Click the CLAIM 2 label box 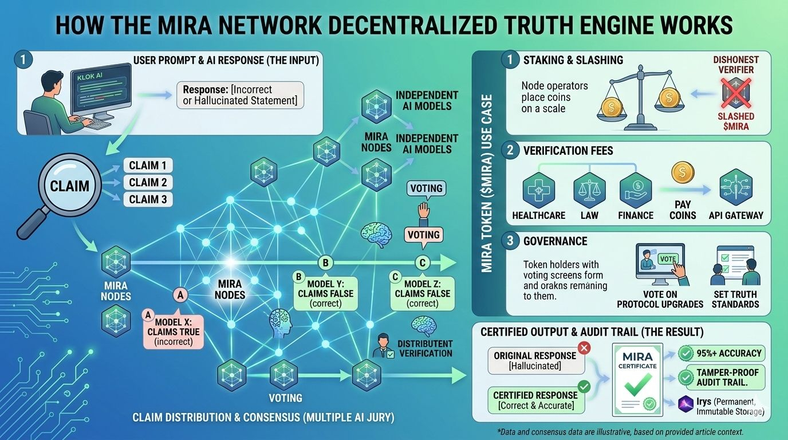click(x=148, y=182)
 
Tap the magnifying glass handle click(x=33, y=222)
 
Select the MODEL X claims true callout click(x=173, y=332)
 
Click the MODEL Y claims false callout click(x=325, y=293)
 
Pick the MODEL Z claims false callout click(x=422, y=293)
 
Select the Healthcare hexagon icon click(x=538, y=190)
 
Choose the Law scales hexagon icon click(x=589, y=190)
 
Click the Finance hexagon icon click(x=635, y=190)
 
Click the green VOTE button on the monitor click(x=667, y=260)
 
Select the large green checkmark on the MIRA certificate click(x=637, y=384)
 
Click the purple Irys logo click(x=685, y=403)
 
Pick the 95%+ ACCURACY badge click(x=721, y=353)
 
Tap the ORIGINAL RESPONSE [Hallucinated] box click(x=536, y=361)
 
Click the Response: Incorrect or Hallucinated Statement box click(x=240, y=95)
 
